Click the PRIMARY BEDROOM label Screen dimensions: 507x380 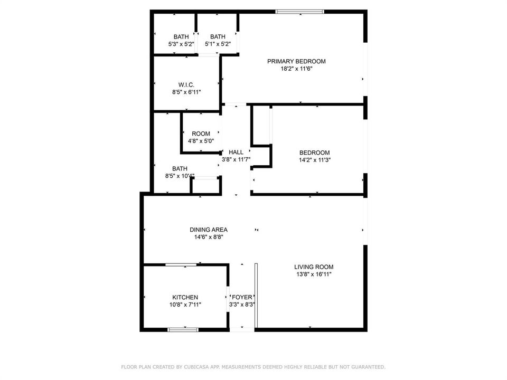[296, 61]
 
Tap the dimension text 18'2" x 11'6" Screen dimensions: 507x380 [296, 69]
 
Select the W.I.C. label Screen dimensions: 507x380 [186, 85]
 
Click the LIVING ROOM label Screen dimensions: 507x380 [314, 267]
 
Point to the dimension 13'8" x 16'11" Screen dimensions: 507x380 [314, 274]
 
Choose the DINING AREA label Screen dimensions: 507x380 [209, 230]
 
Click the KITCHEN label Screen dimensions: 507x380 [185, 297]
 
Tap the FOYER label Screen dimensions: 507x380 [242, 297]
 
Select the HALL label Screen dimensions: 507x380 [236, 152]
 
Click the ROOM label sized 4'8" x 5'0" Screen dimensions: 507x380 [201, 134]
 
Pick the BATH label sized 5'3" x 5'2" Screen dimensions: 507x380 [181, 37]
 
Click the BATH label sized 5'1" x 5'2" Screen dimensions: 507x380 [218, 37]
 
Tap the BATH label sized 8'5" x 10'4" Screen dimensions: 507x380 [180, 169]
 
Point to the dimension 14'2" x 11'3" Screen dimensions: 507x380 [315, 159]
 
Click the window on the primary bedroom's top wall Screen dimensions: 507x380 [300, 12]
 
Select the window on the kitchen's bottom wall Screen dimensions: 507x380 [183, 329]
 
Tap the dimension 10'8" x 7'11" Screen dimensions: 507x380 [185, 305]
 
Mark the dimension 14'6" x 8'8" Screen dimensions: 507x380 [209, 237]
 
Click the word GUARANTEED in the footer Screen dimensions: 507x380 [370, 367]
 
